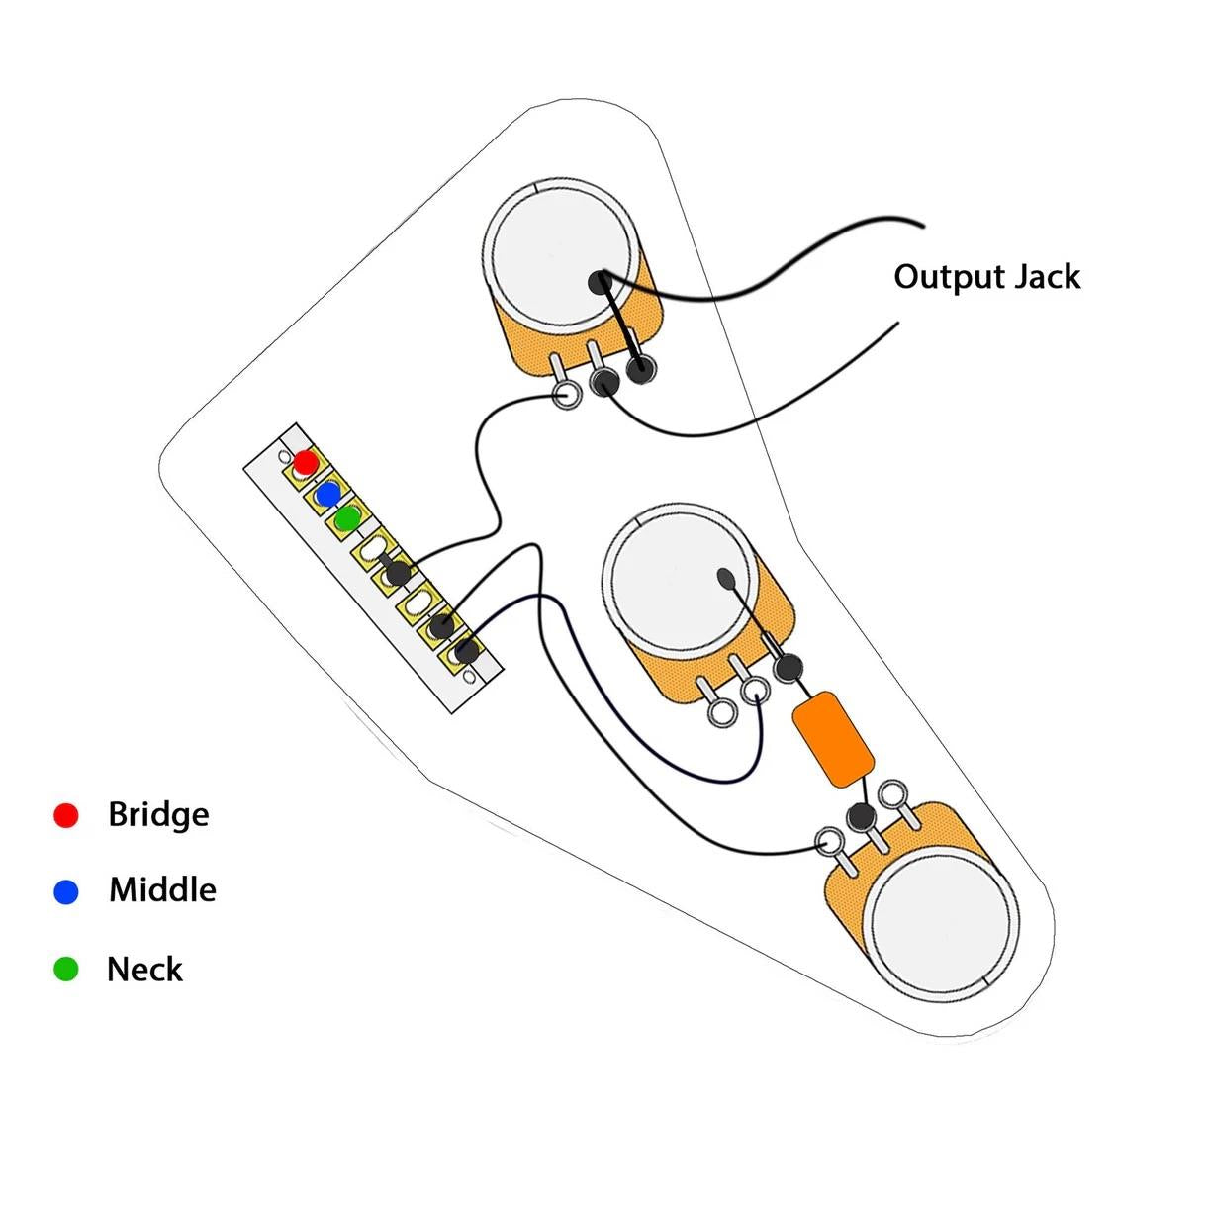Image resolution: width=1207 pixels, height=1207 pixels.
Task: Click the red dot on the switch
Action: [306, 462]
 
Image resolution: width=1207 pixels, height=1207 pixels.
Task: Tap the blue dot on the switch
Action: [327, 495]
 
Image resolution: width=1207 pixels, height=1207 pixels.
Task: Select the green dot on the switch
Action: [347, 518]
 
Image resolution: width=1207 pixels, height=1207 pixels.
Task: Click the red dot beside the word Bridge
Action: [65, 815]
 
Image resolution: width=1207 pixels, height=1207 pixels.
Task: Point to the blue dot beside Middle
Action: [65, 892]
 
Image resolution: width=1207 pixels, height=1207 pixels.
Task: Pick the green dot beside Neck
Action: [65, 969]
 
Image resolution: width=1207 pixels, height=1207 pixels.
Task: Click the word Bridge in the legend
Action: [158, 815]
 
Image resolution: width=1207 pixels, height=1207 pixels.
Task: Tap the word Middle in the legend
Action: [163, 890]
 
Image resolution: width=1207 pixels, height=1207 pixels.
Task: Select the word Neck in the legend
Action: [144, 969]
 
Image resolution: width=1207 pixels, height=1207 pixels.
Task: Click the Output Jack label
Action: [986, 277]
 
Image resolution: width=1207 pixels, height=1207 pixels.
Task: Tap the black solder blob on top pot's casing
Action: [601, 283]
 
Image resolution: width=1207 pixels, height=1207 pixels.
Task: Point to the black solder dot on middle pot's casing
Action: [725, 577]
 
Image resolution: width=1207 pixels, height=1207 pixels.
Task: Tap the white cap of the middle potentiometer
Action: [678, 578]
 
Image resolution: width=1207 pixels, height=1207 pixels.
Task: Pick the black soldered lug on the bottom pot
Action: [861, 815]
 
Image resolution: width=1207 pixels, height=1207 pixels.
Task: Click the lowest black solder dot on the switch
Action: [466, 651]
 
